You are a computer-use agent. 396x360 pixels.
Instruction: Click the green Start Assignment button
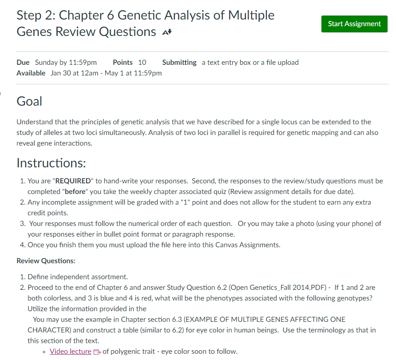pyautogui.click(x=354, y=24)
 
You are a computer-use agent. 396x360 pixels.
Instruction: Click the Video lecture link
pyautogui.click(x=70, y=352)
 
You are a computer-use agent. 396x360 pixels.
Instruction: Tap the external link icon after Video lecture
pyautogui.click(x=97, y=352)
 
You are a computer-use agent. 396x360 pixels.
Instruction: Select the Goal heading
pyautogui.click(x=29, y=101)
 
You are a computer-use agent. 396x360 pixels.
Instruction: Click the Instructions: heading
pyautogui.click(x=51, y=163)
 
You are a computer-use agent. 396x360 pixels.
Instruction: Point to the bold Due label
pyautogui.click(x=23, y=62)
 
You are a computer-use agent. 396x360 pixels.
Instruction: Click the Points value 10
pyautogui.click(x=142, y=62)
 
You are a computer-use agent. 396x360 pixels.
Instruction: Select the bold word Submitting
pyautogui.click(x=179, y=62)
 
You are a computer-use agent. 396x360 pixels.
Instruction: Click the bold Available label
pyautogui.click(x=31, y=73)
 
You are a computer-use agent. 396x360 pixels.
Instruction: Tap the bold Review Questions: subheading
pyautogui.click(x=46, y=261)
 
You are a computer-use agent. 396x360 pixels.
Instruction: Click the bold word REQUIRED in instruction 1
pyautogui.click(x=72, y=181)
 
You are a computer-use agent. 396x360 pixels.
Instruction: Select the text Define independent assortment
pyautogui.click(x=78, y=277)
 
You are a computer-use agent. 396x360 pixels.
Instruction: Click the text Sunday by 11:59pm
pyautogui.click(x=66, y=62)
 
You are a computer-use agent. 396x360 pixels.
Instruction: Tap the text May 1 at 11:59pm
pyautogui.click(x=133, y=73)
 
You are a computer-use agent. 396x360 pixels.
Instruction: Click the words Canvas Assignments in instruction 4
pyautogui.click(x=252, y=245)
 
